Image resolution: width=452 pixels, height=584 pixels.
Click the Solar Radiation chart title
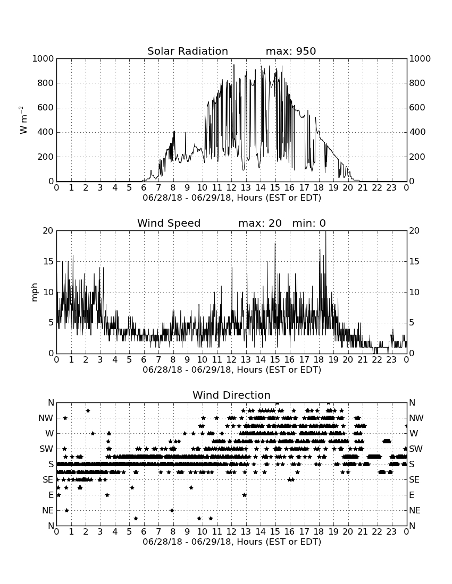188,51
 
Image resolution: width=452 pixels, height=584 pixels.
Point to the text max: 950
290,51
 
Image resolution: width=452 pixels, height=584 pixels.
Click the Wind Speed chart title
169,223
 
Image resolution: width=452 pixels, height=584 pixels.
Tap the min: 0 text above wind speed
309,223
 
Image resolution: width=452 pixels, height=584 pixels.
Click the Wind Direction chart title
231,395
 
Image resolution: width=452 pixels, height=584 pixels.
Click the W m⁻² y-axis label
23,120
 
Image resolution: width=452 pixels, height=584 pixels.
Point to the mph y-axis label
35,293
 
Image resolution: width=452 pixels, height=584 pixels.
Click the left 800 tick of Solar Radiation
46,83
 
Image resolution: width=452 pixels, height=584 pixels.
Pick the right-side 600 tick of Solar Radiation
417,108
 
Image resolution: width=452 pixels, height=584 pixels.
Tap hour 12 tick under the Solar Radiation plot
231,188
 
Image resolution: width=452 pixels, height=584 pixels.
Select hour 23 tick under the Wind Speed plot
391,360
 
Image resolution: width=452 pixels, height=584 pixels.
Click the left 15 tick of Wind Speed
48,261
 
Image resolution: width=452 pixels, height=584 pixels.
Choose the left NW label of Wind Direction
46,418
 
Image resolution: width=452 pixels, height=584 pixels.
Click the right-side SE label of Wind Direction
414,480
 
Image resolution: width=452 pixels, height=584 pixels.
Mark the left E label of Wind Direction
51,495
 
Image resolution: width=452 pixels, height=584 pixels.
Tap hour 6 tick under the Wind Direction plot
144,532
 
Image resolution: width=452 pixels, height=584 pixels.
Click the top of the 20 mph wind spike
325,231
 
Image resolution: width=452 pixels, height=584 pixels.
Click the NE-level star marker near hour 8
172,510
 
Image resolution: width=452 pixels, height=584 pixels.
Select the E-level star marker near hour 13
244,495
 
